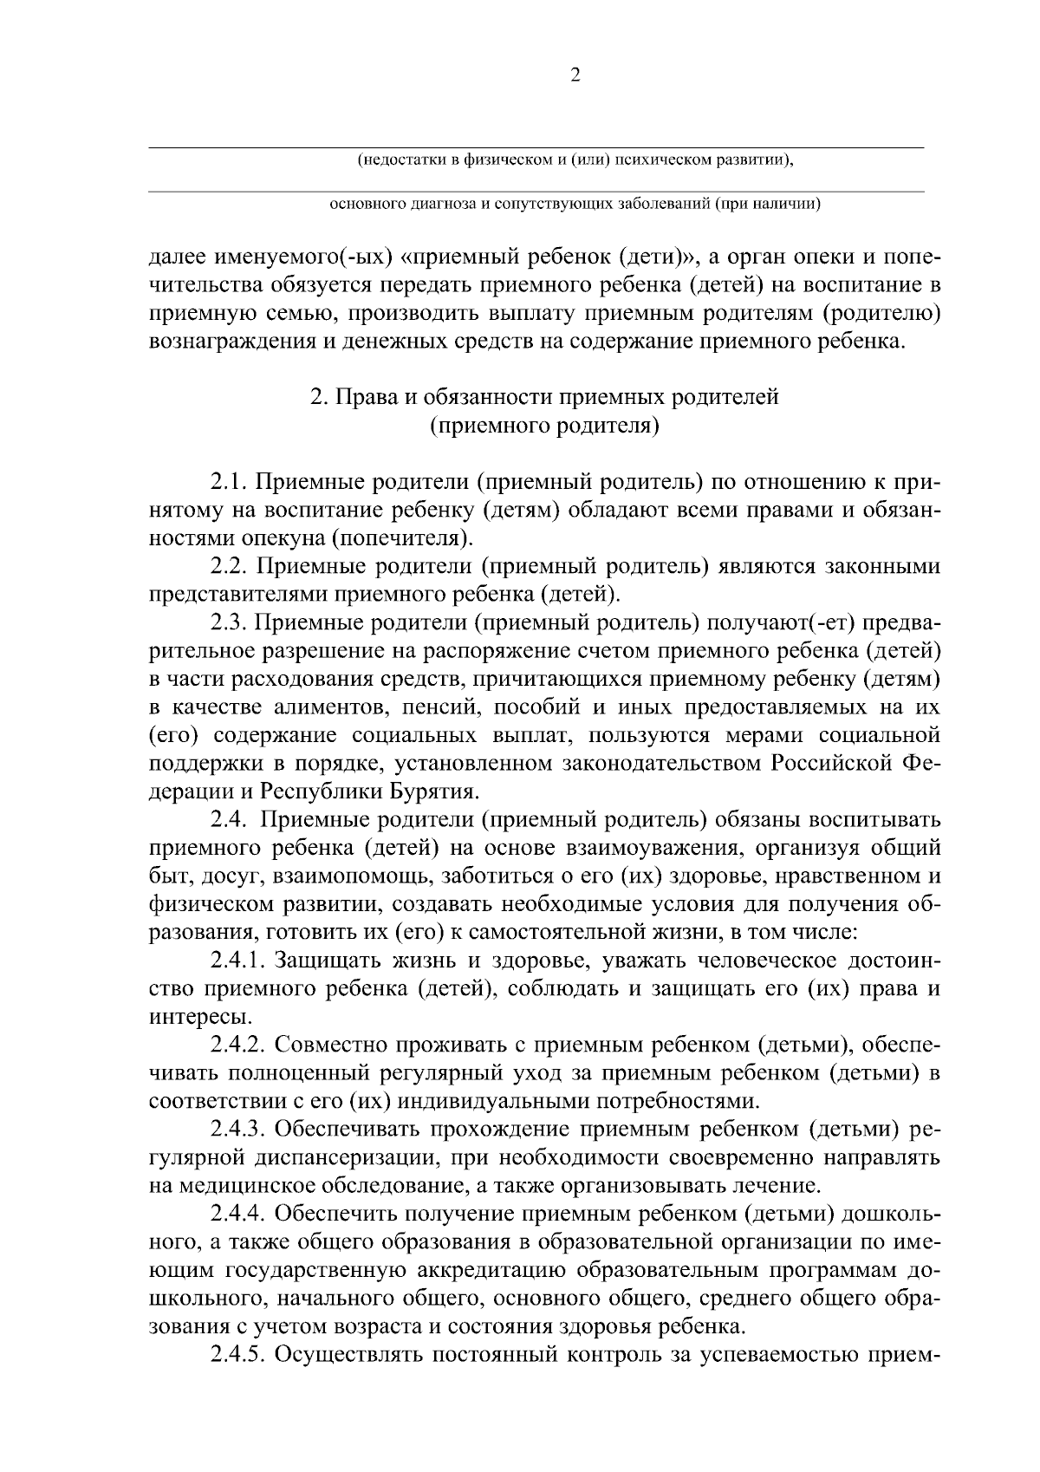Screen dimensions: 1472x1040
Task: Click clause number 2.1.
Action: pos(229,481)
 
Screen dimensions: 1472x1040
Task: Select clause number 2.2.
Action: pos(229,566)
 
